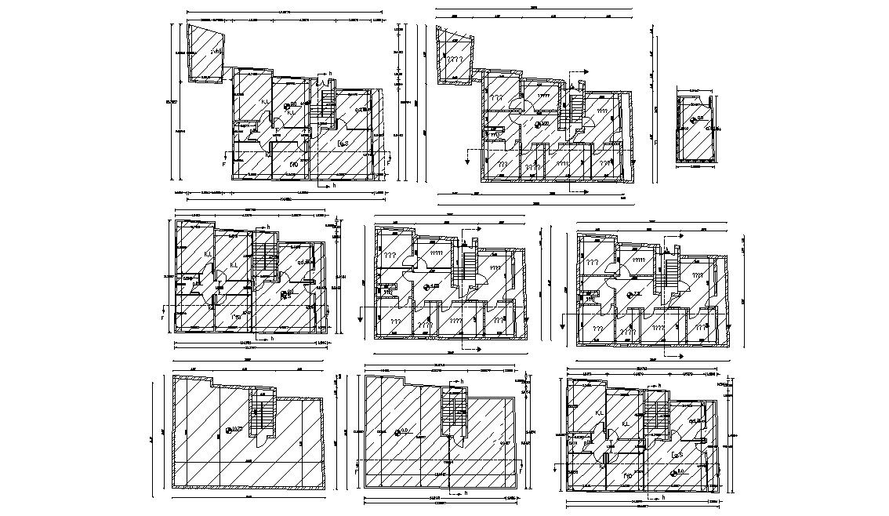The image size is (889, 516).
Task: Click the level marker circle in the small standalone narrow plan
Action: click(691, 119)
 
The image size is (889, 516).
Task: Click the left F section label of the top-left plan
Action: click(224, 165)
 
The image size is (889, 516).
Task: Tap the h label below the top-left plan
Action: click(333, 186)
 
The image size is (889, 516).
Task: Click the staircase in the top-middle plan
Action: click(576, 106)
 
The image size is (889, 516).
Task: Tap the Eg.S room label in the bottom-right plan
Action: click(677, 456)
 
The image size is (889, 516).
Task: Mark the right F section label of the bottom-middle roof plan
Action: click(521, 474)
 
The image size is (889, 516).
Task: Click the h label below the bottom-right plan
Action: click(662, 496)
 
